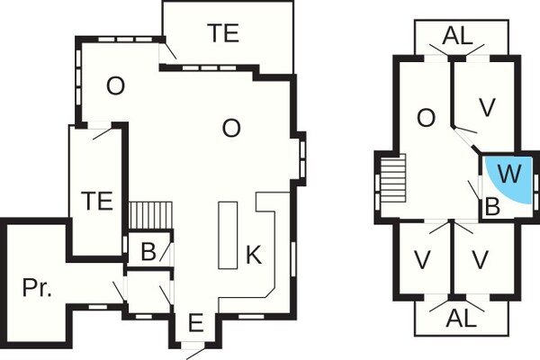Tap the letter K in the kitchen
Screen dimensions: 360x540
coord(254,256)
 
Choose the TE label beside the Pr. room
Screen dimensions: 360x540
coord(96,200)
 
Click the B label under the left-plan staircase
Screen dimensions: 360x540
coord(148,252)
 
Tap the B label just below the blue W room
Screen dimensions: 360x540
coord(492,206)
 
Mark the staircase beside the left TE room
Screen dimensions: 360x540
coord(150,216)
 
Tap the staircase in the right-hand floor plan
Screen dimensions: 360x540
coord(394,184)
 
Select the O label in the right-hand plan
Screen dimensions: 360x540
coord(427,117)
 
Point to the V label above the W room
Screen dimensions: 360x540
coord(488,108)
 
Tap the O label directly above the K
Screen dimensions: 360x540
coord(231,129)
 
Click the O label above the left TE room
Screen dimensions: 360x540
coord(114,86)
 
